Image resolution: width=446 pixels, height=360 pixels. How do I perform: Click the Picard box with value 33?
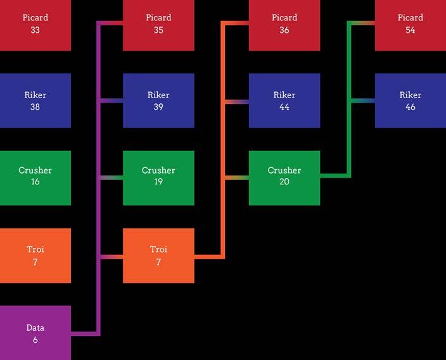[35, 24]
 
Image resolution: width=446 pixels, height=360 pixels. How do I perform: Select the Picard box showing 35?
[158, 24]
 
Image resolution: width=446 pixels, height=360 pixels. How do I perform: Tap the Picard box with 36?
[284, 24]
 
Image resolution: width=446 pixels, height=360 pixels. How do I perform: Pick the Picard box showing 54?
[410, 24]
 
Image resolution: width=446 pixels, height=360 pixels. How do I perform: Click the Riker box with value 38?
[35, 101]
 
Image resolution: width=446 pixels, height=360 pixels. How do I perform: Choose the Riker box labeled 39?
[158, 101]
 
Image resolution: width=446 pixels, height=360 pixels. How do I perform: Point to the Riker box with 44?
[284, 101]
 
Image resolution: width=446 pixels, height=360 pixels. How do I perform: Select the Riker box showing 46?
[410, 101]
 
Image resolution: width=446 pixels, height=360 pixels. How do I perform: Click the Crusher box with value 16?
[35, 177]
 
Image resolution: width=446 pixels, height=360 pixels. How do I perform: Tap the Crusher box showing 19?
[158, 177]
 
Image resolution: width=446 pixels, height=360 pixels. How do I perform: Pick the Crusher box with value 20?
[284, 177]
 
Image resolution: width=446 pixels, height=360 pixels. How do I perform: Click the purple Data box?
[35, 333]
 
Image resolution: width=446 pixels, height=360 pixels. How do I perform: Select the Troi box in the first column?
[35, 255]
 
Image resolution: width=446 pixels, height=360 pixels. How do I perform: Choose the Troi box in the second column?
[158, 255]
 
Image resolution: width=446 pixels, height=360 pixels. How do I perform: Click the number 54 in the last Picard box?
[410, 30]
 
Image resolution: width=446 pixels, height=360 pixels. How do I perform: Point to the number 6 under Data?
[35, 340]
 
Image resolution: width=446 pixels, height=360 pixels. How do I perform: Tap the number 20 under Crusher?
[284, 182]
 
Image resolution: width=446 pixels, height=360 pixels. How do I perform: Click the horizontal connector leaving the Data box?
[84, 333]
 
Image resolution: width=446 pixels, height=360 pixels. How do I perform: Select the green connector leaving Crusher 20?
[334, 175]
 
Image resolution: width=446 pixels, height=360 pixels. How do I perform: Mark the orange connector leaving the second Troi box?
[208, 257]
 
